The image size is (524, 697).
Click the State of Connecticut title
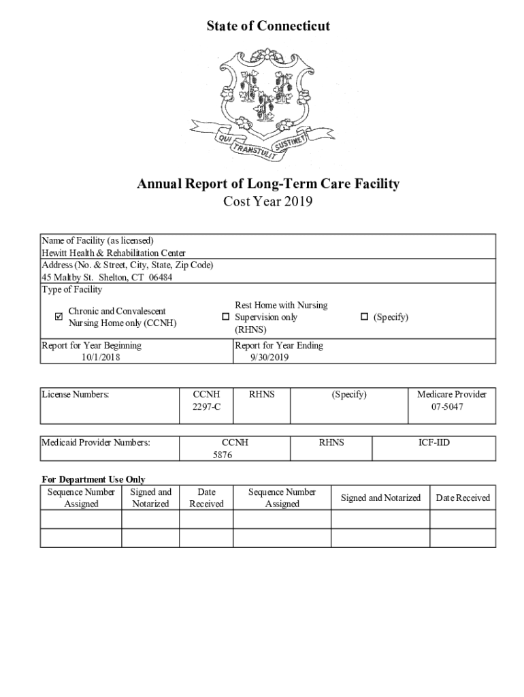click(268, 26)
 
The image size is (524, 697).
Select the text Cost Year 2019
click(268, 202)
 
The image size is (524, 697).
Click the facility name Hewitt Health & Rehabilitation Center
click(113, 253)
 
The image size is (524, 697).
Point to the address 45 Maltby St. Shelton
click(106, 277)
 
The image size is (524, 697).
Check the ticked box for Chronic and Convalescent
click(58, 317)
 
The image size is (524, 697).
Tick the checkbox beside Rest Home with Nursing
click(225, 317)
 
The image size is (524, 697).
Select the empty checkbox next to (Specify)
click(364, 317)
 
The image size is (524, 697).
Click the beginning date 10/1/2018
click(101, 357)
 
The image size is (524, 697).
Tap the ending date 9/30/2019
click(269, 357)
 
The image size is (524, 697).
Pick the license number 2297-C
click(207, 406)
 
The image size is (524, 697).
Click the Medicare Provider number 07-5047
click(452, 406)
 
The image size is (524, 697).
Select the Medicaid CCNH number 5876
click(223, 455)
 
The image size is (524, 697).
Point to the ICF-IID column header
click(433, 442)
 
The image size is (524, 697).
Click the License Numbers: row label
click(76, 394)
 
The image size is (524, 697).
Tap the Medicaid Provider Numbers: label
click(96, 442)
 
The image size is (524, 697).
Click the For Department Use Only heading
click(93, 479)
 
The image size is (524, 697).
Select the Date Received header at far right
click(463, 498)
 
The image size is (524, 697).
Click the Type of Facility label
click(72, 289)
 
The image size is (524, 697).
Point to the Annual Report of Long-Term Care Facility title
click(268, 184)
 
